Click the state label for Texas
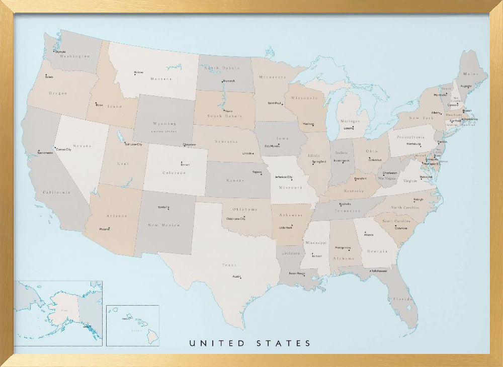[229, 265]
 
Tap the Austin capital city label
[236, 277]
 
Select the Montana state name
[161, 79]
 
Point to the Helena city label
[138, 73]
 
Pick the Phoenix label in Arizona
[105, 229]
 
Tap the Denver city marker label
[185, 164]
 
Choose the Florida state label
[403, 299]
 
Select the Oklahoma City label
[236, 219]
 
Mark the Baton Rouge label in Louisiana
[297, 273]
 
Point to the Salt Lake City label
[133, 144]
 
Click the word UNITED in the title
[217, 343]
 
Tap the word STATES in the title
[284, 343]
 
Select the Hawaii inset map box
[132, 325]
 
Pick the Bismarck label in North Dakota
[228, 81]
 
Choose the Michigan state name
[350, 121]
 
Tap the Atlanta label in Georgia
[369, 234]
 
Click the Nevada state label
[82, 146]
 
